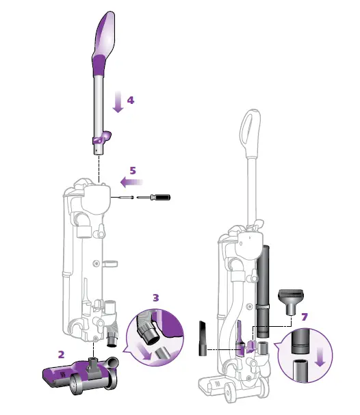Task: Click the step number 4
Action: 131,101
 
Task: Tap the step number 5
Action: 133,171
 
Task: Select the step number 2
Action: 61,354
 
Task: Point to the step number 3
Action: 156,298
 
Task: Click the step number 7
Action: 305,317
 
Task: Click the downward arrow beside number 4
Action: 118,102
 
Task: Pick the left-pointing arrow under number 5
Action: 131,182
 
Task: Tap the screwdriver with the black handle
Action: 153,197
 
